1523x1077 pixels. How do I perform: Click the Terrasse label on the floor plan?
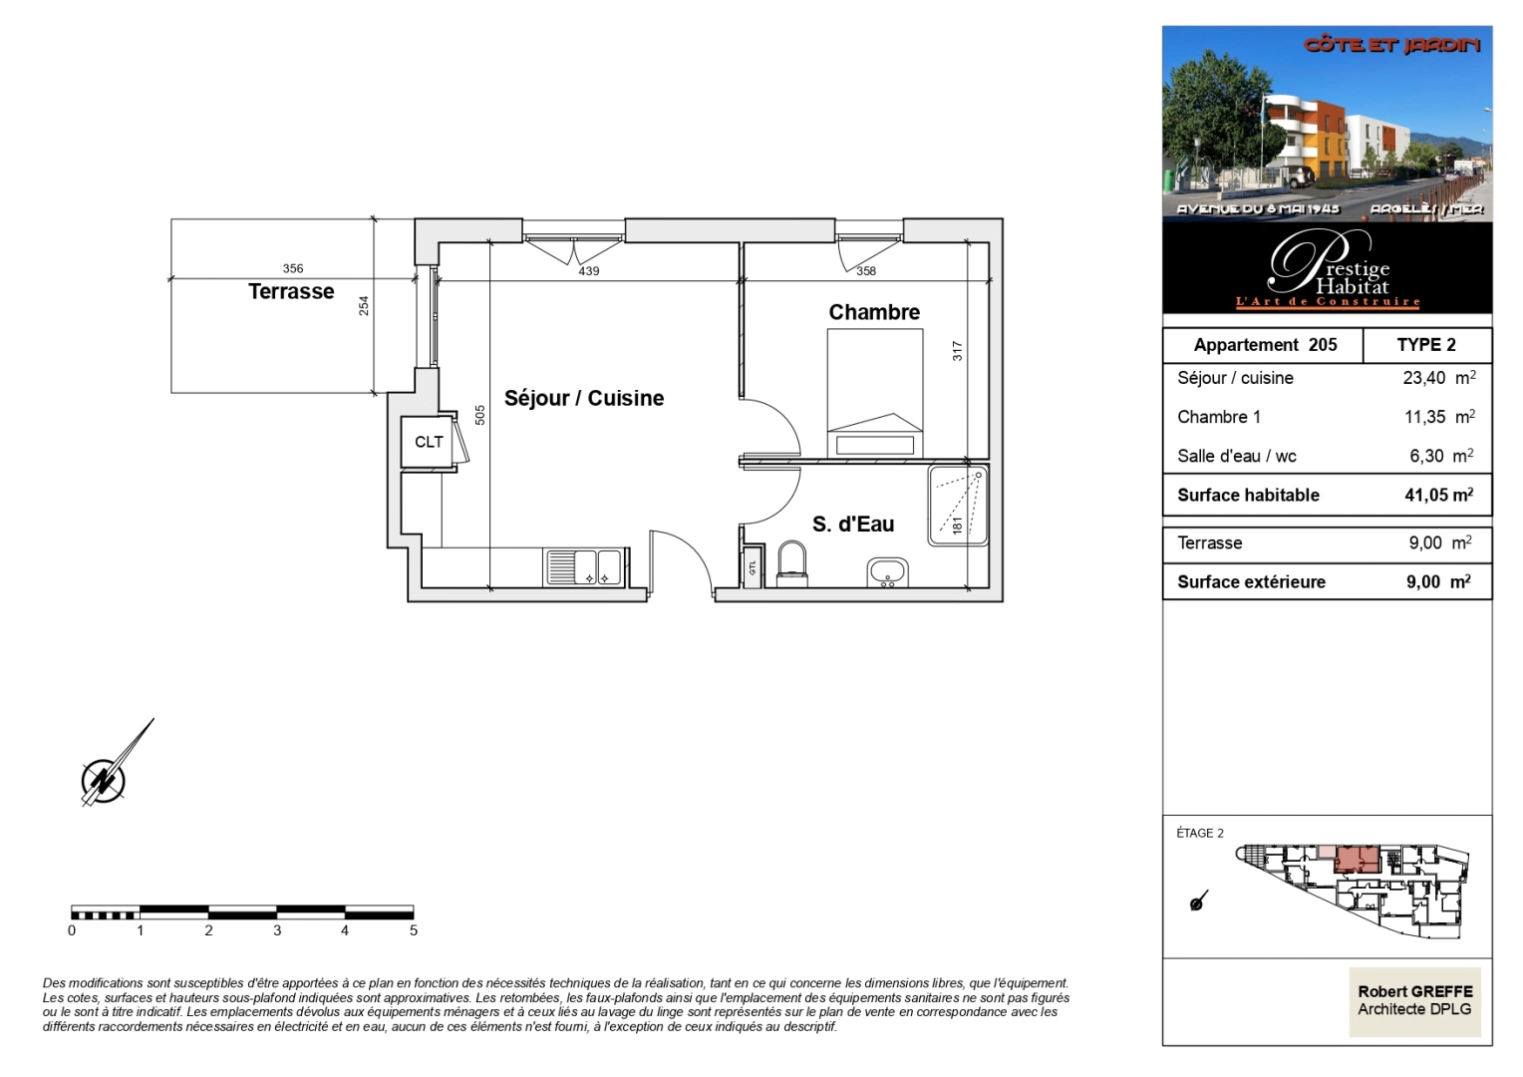pyautogui.click(x=291, y=291)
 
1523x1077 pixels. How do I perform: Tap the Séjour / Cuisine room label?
pyautogui.click(x=583, y=398)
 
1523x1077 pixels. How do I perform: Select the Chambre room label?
pyautogui.click(x=874, y=312)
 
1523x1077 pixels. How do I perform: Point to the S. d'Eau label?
pyautogui.click(x=852, y=524)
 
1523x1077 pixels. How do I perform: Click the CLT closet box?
pyautogui.click(x=429, y=442)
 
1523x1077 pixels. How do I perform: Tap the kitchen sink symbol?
pyautogui.click(x=583, y=567)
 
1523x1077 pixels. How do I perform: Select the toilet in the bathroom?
pyautogui.click(x=792, y=563)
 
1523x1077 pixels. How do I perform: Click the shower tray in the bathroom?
pyautogui.click(x=958, y=505)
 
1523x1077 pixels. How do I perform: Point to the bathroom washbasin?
pyautogui.click(x=886, y=572)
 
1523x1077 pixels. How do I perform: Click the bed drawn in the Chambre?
pyautogui.click(x=874, y=394)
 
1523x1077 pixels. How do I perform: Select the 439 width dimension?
pyautogui.click(x=589, y=271)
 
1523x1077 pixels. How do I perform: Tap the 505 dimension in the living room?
pyautogui.click(x=479, y=415)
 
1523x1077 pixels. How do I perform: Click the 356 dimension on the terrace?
pyautogui.click(x=293, y=268)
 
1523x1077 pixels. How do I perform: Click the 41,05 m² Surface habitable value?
pyautogui.click(x=1438, y=495)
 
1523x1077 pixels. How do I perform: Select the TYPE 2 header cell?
pyautogui.click(x=1425, y=345)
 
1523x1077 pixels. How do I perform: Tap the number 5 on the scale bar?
pyautogui.click(x=413, y=930)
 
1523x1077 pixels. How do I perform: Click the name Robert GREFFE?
pyautogui.click(x=1414, y=991)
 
